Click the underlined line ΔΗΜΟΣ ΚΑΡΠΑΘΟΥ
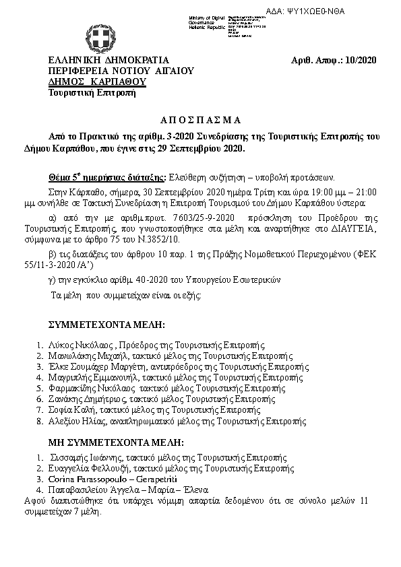[88, 81]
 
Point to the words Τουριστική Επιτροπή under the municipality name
[83, 92]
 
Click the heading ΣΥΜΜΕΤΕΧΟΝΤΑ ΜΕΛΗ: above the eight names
[106, 325]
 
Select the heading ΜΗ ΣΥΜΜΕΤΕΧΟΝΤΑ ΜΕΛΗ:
[116, 442]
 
